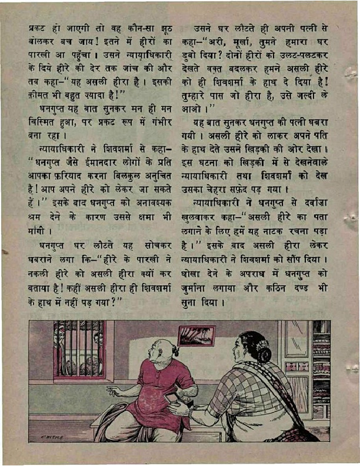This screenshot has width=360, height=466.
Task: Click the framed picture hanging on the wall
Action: (196, 336)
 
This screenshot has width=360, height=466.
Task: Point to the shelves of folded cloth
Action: (321, 377)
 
